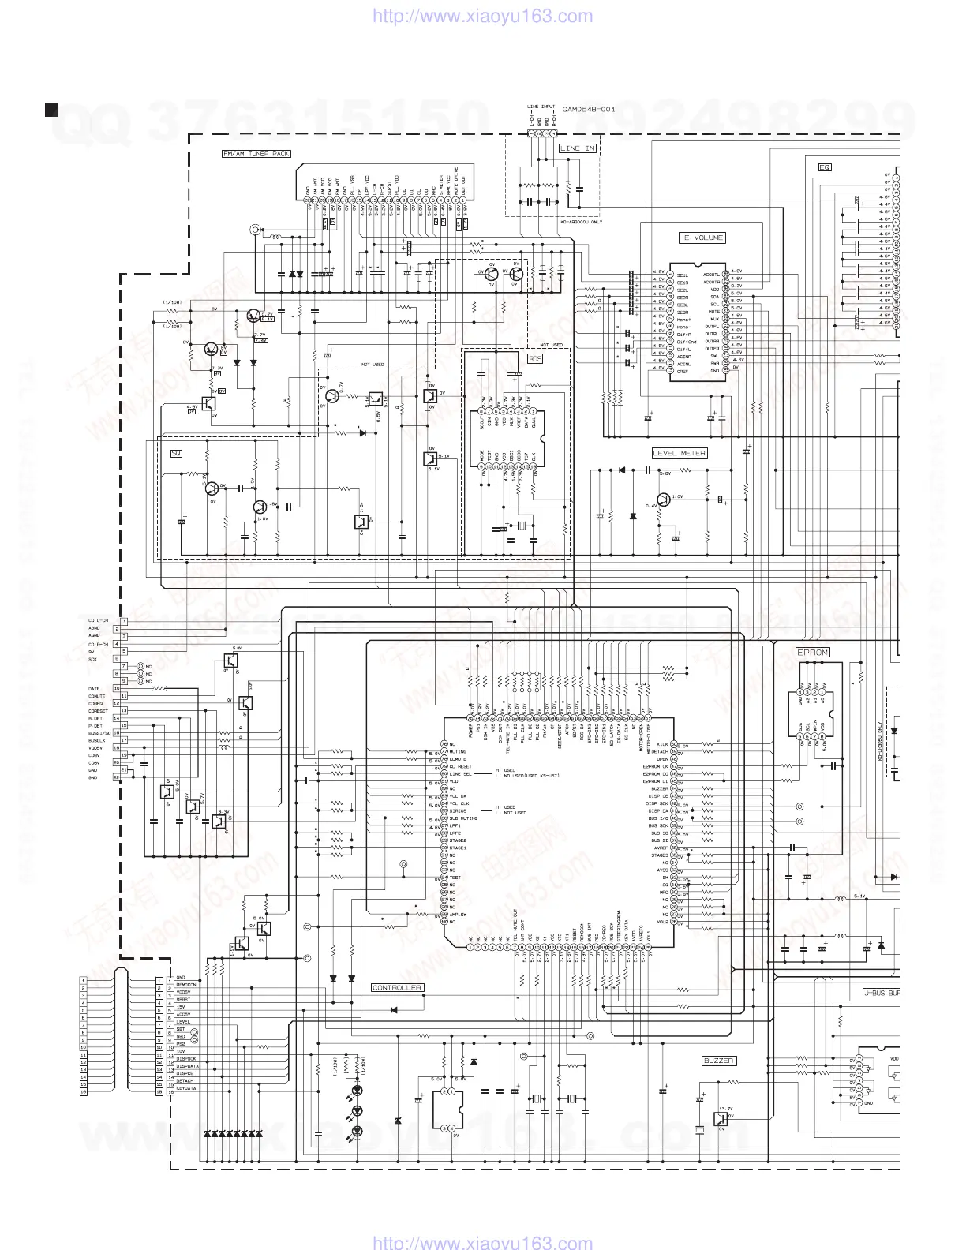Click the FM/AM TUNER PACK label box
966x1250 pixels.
pos(256,155)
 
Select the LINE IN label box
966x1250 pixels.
pos(578,148)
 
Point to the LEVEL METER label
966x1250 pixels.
pos(679,453)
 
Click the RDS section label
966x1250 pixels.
pos(535,358)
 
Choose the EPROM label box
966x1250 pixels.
pos(812,653)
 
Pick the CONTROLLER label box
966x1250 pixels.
pos(397,987)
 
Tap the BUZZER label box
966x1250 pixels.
pos(718,1061)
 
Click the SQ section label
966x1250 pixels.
pos(176,453)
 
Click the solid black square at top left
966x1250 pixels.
pos(52,109)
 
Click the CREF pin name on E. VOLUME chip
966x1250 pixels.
pos(683,371)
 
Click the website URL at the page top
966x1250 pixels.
pos(481,16)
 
